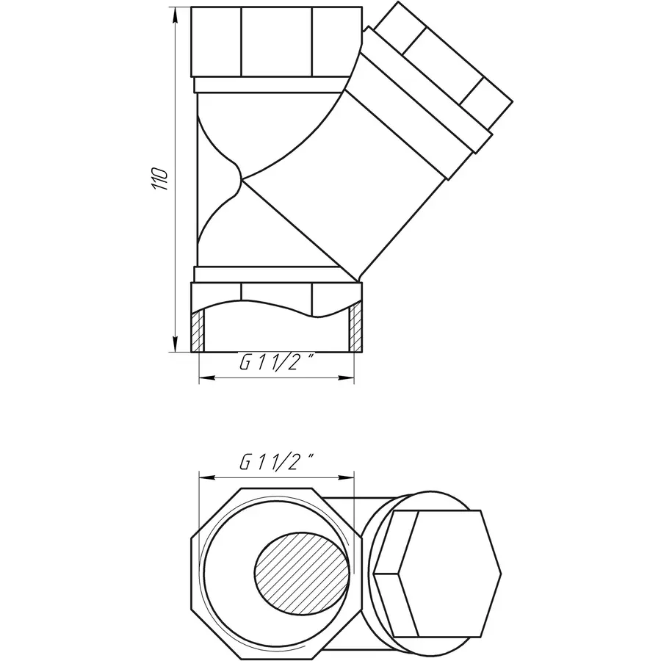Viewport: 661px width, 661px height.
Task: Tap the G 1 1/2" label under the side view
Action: pos(277,362)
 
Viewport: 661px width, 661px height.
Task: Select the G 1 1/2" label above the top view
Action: pos(277,463)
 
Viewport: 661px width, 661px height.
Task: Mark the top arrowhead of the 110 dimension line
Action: pos(176,15)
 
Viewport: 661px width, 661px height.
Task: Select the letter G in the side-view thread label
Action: pos(245,362)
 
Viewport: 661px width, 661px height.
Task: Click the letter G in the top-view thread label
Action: pos(245,463)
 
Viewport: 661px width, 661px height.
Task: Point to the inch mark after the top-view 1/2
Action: pos(311,458)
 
